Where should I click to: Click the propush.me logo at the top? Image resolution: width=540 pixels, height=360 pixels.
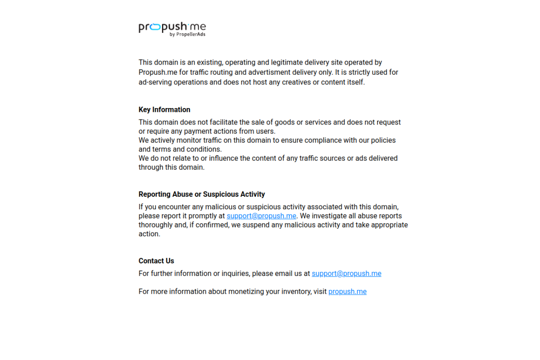pos(172,27)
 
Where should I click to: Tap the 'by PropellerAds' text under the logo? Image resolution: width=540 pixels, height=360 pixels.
pos(187,35)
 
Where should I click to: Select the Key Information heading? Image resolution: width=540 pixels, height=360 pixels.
pos(164,110)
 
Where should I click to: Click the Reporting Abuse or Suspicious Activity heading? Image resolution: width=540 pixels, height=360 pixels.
pos(202,195)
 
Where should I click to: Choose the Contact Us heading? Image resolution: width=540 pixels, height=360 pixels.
pos(156,261)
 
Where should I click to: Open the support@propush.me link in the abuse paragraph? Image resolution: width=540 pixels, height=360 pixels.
pos(262,216)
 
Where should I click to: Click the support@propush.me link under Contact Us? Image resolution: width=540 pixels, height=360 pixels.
pos(346,274)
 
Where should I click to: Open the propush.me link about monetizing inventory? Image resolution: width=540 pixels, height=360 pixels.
pos(347,292)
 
